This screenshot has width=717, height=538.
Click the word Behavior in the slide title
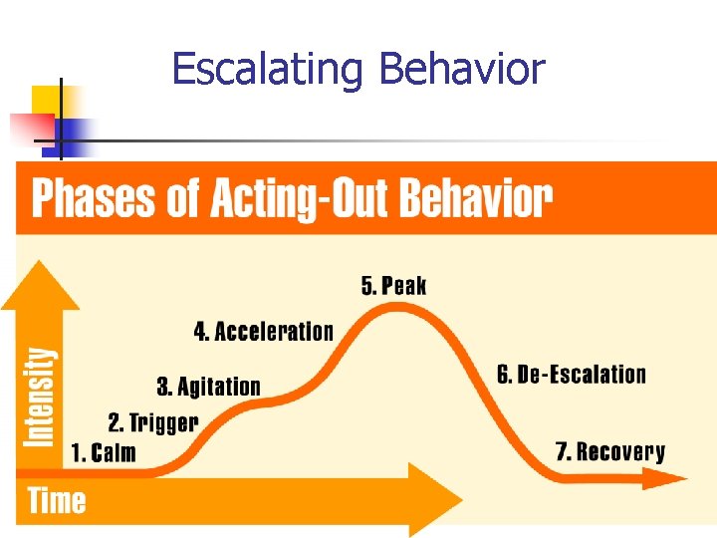(x=462, y=70)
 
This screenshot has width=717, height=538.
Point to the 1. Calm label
(x=104, y=453)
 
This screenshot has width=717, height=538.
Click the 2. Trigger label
(x=153, y=422)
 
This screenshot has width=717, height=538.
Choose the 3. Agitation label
(x=208, y=387)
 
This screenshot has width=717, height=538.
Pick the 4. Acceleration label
(x=264, y=332)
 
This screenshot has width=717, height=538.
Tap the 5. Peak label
(x=393, y=287)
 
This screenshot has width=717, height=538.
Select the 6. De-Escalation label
(x=572, y=375)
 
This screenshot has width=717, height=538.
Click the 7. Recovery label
(x=610, y=452)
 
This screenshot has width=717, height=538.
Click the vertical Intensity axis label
(x=39, y=397)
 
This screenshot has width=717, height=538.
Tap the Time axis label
(x=57, y=500)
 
